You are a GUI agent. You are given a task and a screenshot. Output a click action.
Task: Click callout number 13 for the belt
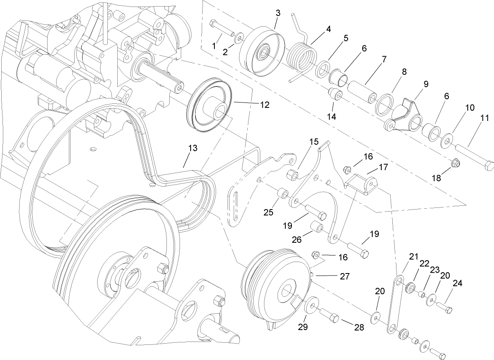[192, 148]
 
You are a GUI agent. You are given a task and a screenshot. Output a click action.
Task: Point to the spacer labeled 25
[282, 193]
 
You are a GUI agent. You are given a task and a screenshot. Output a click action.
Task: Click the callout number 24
[457, 283]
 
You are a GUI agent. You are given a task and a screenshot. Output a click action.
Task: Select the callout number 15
[314, 142]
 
